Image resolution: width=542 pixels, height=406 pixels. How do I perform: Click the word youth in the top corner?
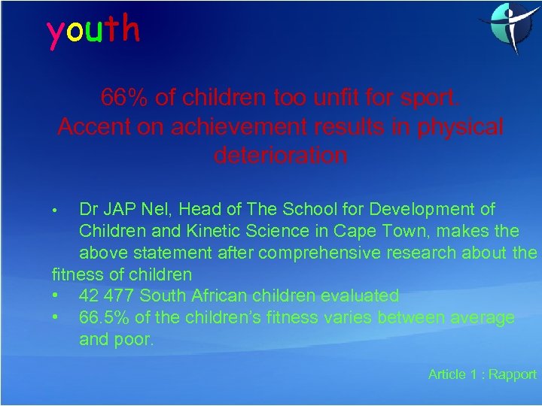point(93,30)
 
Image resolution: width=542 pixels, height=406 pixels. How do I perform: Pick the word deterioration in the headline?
point(281,156)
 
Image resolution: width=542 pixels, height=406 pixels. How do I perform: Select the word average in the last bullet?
point(483,318)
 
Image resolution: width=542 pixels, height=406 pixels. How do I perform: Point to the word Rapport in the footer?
point(513,374)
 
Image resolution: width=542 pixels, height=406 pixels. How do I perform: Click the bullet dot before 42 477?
point(56,295)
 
